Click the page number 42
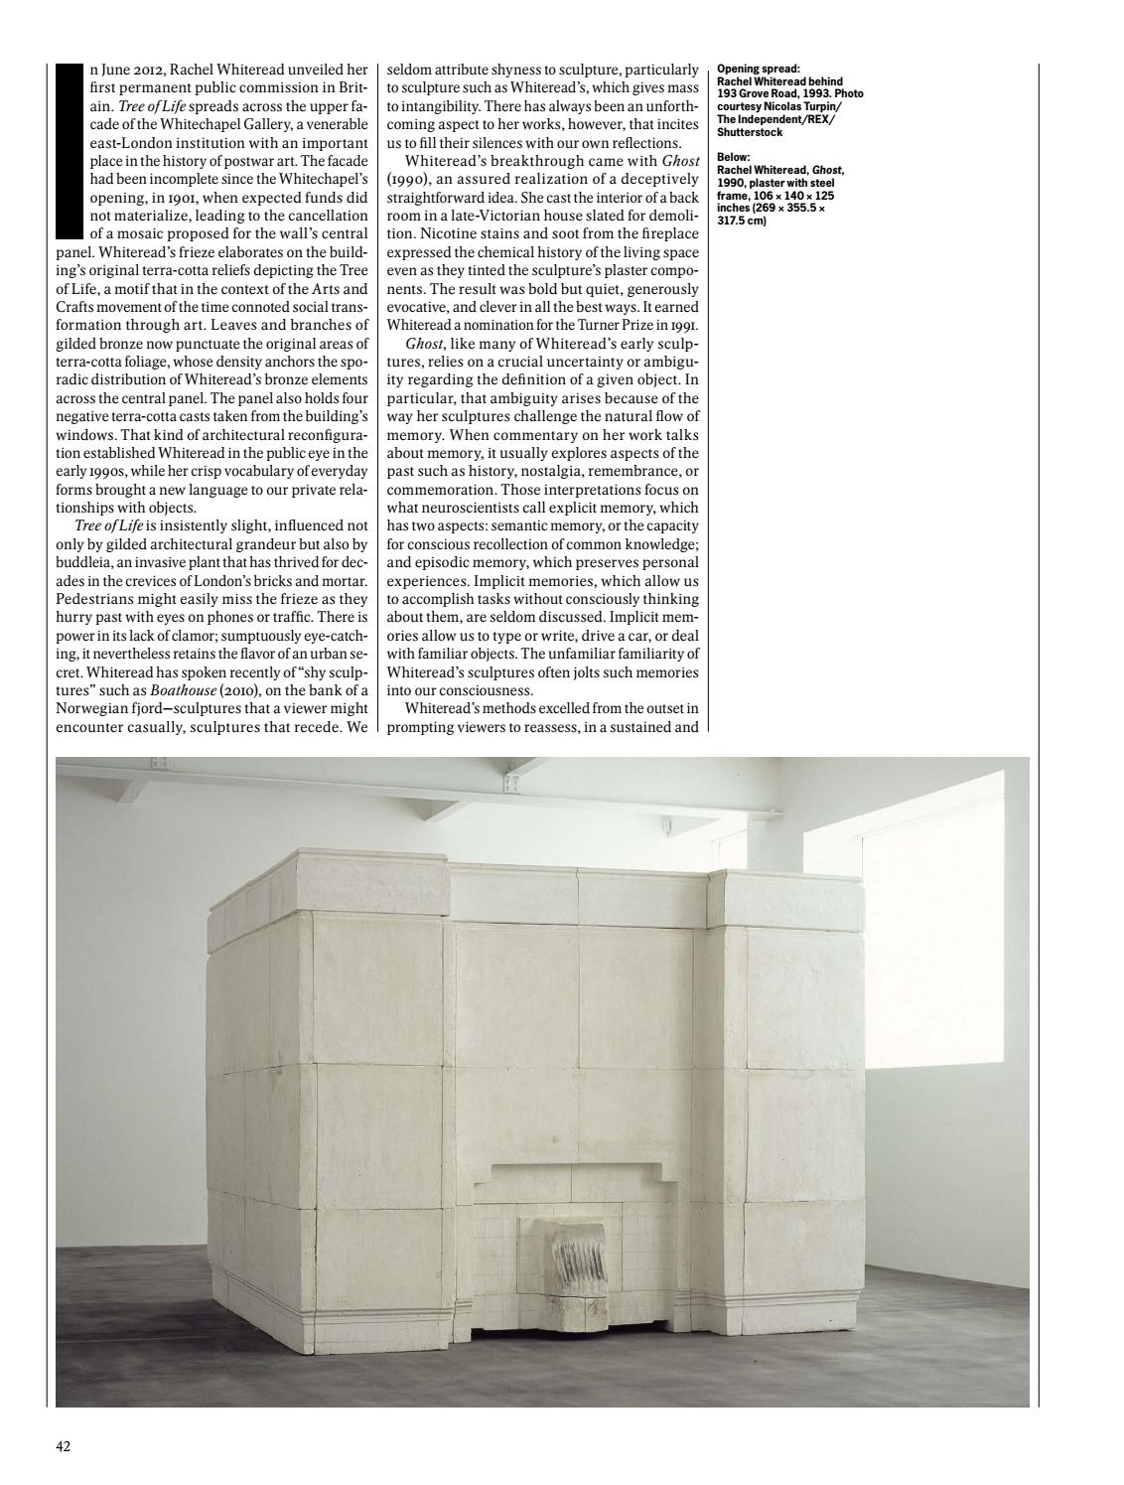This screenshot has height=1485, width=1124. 63,1446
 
